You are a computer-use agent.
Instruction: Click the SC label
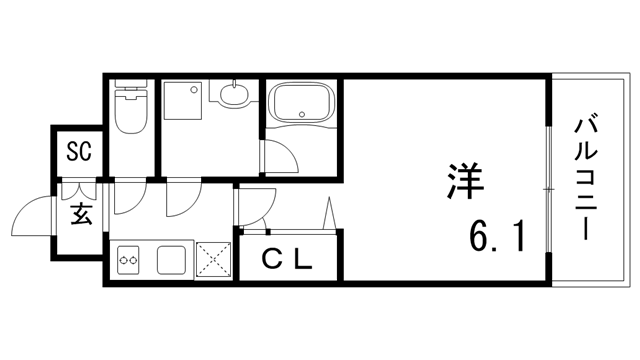pyautogui.click(x=79, y=152)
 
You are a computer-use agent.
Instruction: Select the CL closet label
pyautogui.click(x=289, y=258)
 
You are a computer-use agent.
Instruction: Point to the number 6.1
pyautogui.click(x=496, y=238)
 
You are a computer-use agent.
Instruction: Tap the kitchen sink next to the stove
pyautogui.click(x=171, y=260)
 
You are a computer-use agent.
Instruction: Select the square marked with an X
pyautogui.click(x=214, y=261)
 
